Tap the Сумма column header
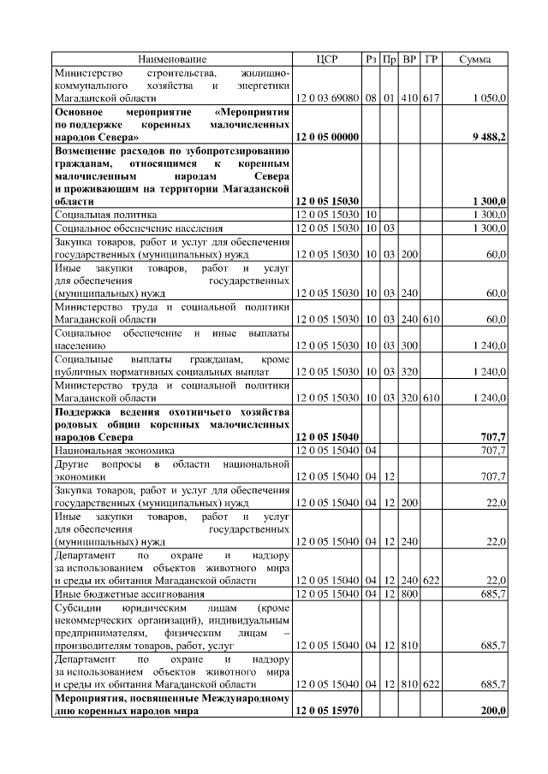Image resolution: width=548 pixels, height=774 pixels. tap(475, 59)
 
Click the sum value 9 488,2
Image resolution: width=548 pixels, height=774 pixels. tap(489, 137)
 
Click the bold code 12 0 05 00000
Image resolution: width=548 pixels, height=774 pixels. tap(326, 137)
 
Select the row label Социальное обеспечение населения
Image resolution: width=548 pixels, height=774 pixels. tap(139, 228)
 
